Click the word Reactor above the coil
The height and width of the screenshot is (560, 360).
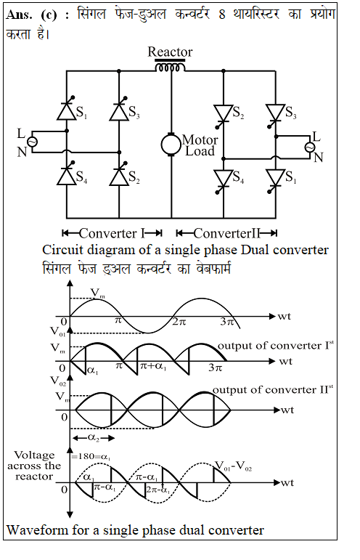point(170,52)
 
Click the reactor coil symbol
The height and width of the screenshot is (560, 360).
point(170,66)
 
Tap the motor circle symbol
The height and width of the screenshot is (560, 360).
point(171,145)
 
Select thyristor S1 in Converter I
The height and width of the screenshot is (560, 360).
point(67,110)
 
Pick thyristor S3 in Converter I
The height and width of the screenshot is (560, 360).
point(119,110)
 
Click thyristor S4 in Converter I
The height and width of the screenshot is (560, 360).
point(67,175)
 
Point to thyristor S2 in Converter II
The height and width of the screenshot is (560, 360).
point(224,115)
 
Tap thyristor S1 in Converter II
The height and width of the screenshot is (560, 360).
point(275,179)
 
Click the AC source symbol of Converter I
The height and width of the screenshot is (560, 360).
point(32,142)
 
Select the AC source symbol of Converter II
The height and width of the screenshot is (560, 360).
point(309,147)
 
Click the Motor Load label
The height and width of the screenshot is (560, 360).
point(200,145)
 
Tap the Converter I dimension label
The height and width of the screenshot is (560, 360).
point(112,233)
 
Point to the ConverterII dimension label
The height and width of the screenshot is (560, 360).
point(227,233)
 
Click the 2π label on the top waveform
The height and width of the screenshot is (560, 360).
point(179,322)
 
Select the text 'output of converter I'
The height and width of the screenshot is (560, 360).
point(274,345)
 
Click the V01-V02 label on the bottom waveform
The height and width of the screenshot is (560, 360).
point(233,466)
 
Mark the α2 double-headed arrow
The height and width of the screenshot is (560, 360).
point(94,438)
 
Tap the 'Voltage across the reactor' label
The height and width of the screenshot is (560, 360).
point(33,466)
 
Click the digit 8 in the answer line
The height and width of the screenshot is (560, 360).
point(222,15)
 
